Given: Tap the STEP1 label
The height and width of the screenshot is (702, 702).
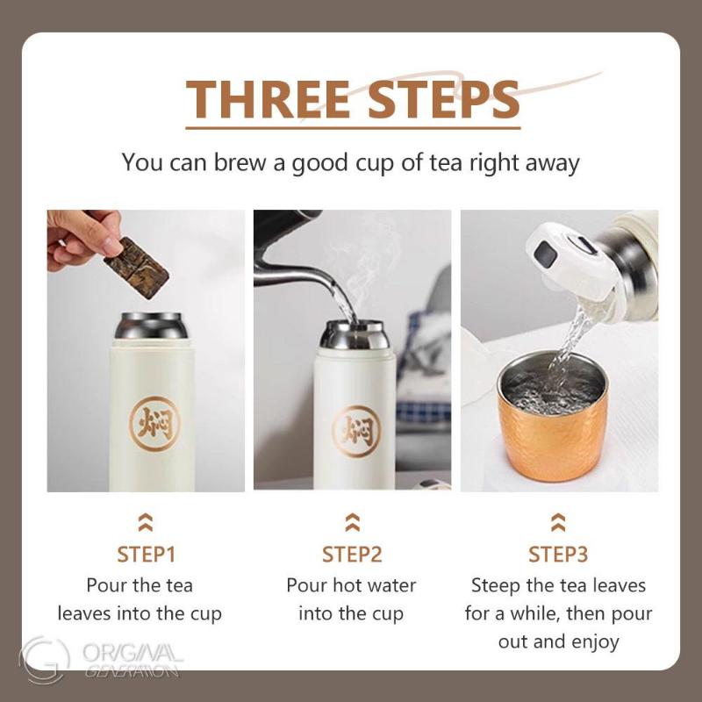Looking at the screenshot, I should [x=147, y=555].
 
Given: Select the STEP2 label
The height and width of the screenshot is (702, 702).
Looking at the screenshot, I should [x=352, y=555].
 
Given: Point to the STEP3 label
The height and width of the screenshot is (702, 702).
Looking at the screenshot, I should [x=558, y=555].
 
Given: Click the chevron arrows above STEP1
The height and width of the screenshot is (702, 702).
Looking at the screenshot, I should [x=147, y=524].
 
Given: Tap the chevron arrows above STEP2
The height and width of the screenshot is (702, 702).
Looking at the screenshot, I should [x=352, y=524].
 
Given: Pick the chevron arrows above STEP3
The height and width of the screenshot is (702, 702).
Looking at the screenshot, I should [x=558, y=524].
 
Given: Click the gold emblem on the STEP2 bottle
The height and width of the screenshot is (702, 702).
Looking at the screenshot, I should [x=355, y=430].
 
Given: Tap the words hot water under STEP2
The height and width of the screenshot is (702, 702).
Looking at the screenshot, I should [x=374, y=585].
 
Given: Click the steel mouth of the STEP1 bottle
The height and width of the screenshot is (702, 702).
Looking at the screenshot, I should [x=150, y=326].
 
